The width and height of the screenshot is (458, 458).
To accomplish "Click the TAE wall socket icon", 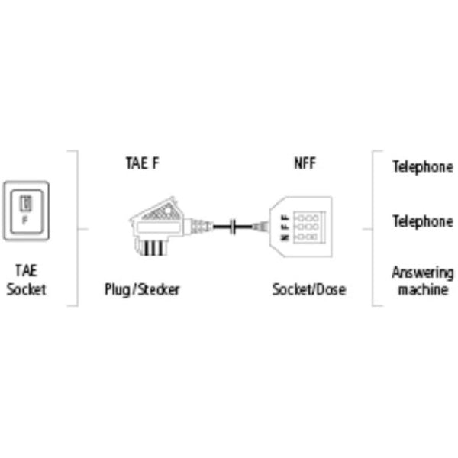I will tap(26, 209).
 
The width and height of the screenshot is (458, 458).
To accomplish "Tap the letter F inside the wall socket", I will tap(26, 218).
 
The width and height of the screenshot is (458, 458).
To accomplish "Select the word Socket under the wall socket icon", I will tap(26, 289).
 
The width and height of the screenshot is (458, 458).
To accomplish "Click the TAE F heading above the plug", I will tap(143, 163).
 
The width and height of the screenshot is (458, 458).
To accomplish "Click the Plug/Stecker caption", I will tap(143, 290).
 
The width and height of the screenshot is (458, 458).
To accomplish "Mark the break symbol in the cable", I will tap(235, 226).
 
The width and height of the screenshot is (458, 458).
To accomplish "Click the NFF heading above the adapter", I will tap(304, 163).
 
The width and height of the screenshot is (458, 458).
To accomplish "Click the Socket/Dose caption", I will tap(308, 290).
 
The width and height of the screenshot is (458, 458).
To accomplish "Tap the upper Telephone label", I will tap(422, 166).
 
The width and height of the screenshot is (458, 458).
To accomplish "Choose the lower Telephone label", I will tap(422, 221).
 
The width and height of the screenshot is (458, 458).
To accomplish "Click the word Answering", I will tap(422, 273).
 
